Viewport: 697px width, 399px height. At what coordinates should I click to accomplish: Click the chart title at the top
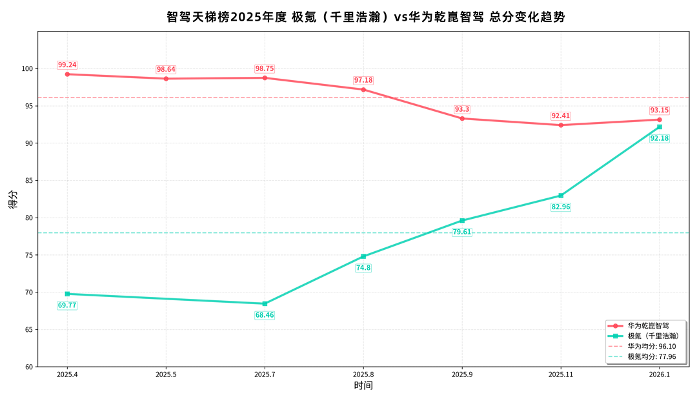365,17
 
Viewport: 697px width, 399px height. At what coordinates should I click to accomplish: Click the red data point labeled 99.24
67,74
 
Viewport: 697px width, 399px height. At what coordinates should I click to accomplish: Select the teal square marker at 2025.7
265,303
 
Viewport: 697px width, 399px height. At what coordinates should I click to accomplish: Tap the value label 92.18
659,138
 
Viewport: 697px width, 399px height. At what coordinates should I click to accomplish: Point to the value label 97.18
363,80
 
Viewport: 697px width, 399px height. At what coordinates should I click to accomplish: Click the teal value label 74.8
363,267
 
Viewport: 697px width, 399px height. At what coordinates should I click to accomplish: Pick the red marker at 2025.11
561,125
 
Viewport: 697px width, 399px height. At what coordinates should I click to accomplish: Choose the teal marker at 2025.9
462,221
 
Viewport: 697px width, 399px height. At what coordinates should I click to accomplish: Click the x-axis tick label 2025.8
363,374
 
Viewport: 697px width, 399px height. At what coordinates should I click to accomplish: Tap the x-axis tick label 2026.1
660,374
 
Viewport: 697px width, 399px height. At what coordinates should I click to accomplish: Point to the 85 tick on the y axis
28,181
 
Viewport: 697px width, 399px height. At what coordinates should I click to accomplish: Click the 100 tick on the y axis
26,69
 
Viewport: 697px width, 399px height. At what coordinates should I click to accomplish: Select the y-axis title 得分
13,200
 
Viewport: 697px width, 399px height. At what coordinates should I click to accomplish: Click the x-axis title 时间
363,386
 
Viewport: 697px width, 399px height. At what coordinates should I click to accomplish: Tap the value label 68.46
265,315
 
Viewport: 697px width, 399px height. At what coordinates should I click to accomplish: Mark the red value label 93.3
462,109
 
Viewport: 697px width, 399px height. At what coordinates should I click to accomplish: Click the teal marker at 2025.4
67,294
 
